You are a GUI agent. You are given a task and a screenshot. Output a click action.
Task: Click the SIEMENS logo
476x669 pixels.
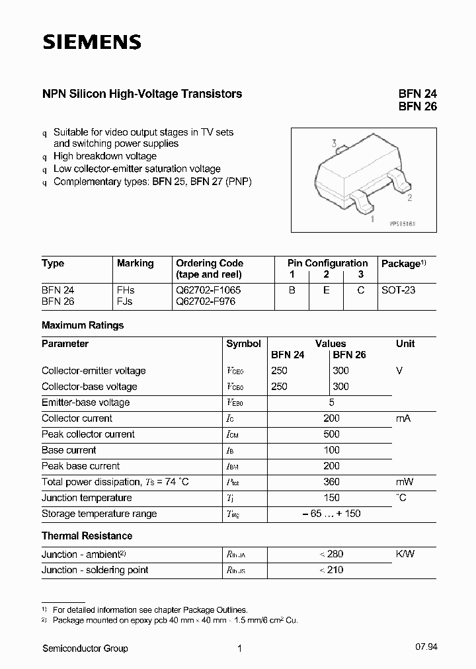pos(92,42)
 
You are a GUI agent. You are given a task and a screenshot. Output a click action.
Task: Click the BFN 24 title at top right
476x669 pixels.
pos(417,94)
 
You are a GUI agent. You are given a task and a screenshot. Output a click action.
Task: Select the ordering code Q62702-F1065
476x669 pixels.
pos(208,290)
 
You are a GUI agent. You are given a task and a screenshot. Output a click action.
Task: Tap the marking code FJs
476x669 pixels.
pos(126,301)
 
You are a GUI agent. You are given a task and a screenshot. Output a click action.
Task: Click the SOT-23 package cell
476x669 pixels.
pos(399,290)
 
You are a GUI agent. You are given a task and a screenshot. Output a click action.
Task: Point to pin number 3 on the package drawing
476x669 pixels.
pos(335,143)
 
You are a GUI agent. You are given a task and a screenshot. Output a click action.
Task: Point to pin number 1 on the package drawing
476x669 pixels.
pos(372,217)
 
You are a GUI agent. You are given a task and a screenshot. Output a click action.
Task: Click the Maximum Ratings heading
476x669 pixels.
pos(83,325)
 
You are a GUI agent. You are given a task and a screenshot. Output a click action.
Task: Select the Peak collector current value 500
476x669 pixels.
pos(331,434)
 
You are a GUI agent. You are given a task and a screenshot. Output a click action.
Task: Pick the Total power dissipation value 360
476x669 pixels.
pos(331,482)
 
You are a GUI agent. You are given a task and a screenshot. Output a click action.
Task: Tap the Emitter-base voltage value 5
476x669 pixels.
pos(331,403)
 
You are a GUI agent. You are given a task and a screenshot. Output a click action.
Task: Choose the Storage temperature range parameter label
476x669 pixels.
pos(99,514)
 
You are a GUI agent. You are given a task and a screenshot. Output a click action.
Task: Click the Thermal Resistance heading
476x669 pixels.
pos(87,535)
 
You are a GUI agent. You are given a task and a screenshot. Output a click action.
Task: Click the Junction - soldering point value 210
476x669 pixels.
pos(334,570)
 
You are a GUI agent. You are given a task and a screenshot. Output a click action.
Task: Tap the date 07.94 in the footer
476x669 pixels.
pos(426,649)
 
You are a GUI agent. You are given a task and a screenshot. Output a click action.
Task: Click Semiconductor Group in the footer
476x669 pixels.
pos(85,649)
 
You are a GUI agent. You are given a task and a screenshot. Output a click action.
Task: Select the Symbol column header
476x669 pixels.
pos(244,344)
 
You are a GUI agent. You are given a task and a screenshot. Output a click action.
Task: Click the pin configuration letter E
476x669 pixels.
pos(326,290)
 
